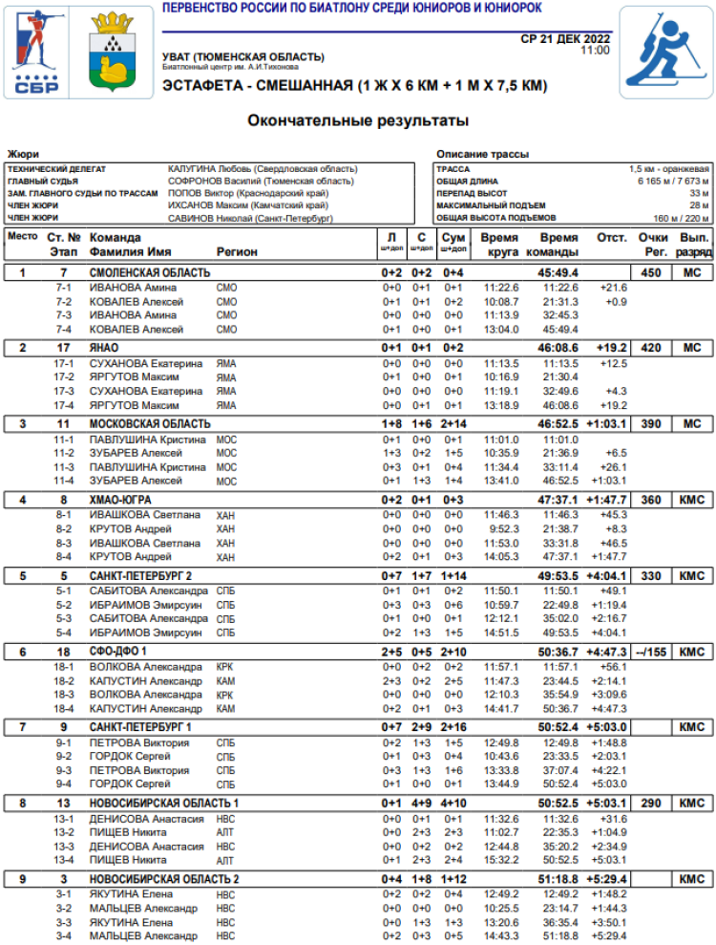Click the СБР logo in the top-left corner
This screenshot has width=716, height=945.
36,54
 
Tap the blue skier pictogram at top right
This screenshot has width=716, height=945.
664,52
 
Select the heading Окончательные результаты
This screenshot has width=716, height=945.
358,121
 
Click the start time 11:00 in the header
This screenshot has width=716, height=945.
596,50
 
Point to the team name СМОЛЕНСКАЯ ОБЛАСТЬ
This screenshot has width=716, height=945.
150,272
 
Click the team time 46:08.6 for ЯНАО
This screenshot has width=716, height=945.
558,348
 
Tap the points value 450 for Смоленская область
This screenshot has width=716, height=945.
651,272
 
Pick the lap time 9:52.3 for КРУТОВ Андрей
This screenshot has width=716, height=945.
503,528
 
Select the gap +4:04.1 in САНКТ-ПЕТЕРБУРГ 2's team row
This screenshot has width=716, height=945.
606,576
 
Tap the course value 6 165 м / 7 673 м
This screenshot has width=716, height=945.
673,181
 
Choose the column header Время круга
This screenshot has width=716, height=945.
500,245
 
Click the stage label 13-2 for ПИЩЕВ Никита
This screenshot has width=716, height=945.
64,832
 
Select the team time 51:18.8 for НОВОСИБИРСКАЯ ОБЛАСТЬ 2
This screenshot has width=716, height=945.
558,879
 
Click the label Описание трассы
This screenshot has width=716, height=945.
483,155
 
